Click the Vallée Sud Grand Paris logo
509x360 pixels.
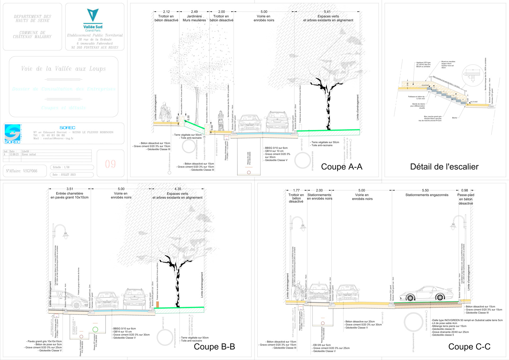point(93,20)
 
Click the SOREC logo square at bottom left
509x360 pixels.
point(12,134)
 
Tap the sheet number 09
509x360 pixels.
point(110,164)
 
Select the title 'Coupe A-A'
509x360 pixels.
point(341,167)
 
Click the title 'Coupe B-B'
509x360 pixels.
point(214,347)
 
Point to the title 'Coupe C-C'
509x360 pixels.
point(469,347)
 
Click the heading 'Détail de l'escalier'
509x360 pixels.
point(444,167)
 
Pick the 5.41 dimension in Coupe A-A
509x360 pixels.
point(327,12)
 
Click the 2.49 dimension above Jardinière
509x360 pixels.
point(194,12)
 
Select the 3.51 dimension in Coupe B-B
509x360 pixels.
point(70,189)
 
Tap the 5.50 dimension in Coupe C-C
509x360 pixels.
point(425,190)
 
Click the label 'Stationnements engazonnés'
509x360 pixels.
point(427,195)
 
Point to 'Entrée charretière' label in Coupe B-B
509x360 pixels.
point(69,194)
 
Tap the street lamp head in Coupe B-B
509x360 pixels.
point(65,235)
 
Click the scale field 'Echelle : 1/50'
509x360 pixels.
point(72,167)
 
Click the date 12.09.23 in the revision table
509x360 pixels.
point(14,154)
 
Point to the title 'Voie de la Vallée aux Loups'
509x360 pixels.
point(63,69)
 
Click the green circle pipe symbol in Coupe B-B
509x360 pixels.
point(95,330)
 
